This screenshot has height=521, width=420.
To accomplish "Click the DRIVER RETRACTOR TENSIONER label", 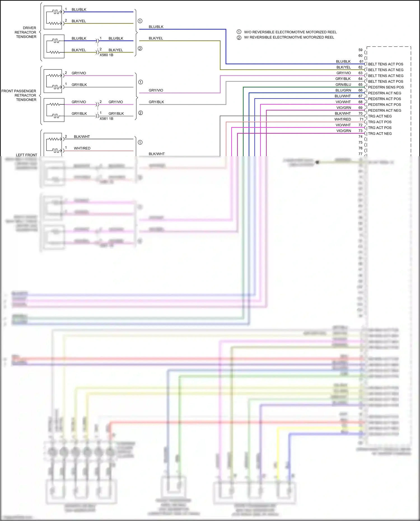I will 26,32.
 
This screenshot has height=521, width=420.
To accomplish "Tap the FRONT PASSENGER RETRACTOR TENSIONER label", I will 19,95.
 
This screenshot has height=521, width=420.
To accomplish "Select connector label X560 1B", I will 106,55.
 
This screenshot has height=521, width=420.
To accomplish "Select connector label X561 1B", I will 106,119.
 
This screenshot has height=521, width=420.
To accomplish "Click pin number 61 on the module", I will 361,62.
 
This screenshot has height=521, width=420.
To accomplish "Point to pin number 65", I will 360,85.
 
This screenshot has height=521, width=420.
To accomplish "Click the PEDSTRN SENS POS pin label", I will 386,87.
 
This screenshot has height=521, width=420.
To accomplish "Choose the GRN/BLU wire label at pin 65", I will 343,85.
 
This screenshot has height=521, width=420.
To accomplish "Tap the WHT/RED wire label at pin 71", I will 342,119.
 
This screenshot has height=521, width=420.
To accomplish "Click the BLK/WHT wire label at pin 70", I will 342,113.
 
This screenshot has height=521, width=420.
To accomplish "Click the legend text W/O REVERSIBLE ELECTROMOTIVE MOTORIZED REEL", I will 290,32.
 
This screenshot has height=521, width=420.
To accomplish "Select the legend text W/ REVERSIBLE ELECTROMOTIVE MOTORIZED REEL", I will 289,37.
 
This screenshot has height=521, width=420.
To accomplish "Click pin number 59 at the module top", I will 360,50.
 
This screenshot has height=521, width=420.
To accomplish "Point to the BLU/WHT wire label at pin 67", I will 342,96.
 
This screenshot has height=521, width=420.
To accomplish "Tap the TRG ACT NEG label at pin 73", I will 380,134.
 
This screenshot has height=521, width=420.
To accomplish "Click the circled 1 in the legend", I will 239,32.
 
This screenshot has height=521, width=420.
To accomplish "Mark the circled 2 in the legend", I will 239,38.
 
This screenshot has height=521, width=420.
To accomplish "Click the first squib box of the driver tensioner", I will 54,17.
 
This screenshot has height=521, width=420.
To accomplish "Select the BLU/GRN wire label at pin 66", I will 343,90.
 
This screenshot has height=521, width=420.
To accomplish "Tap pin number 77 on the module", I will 360,154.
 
